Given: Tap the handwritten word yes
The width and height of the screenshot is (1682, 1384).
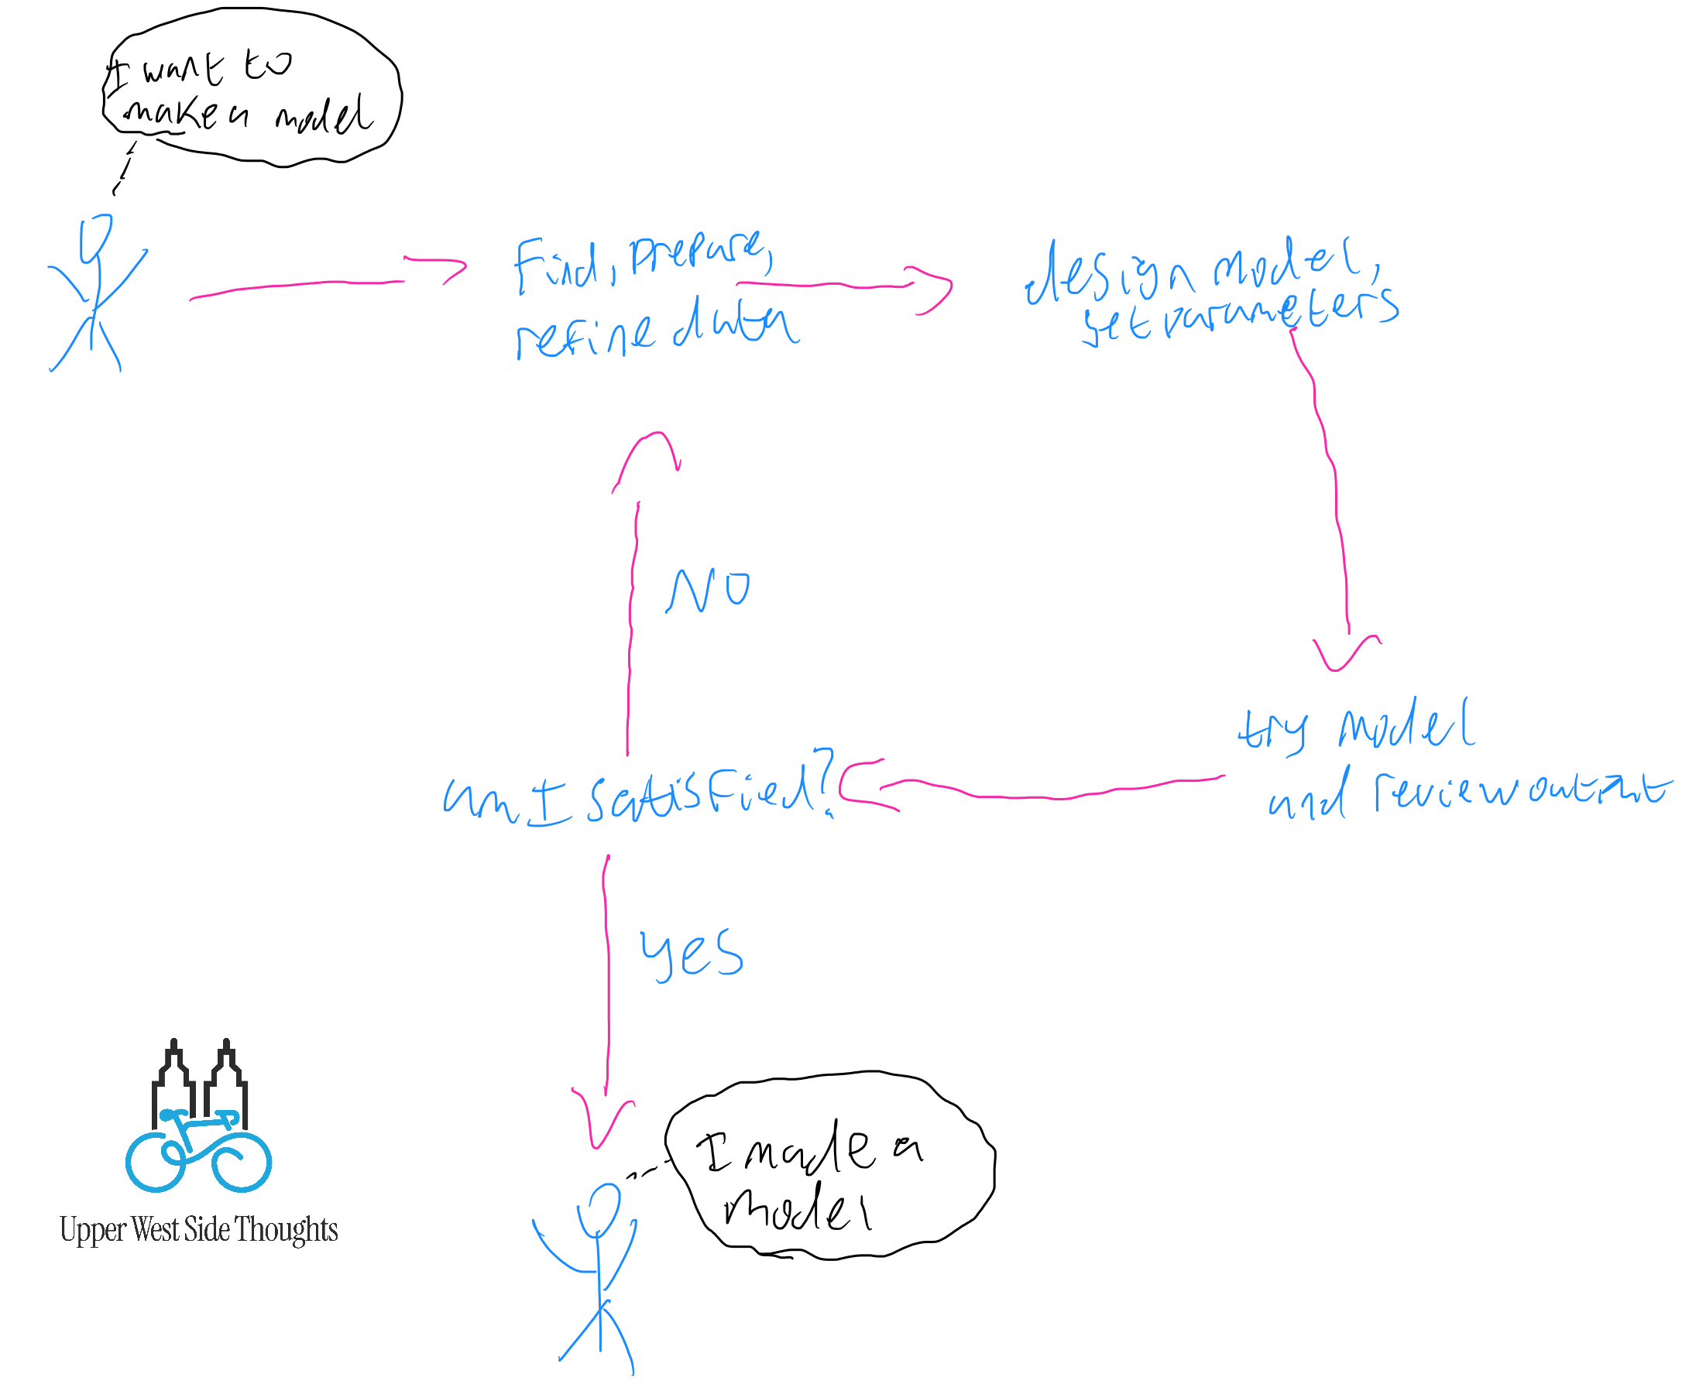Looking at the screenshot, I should [691, 953].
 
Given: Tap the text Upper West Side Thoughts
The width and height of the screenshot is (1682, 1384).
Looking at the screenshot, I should [198, 1229].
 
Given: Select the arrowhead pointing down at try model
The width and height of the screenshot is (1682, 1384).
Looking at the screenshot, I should [1347, 654].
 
